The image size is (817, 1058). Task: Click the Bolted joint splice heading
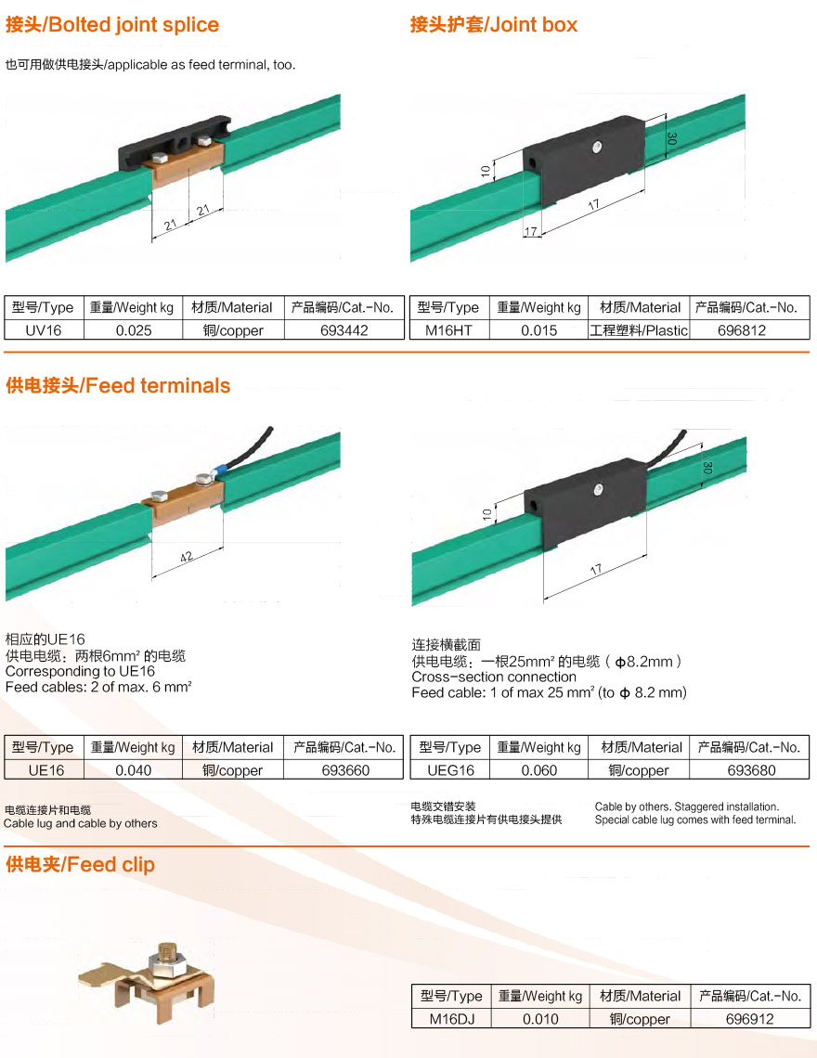[112, 25]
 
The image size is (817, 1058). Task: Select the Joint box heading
[494, 25]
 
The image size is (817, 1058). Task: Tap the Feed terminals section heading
[118, 385]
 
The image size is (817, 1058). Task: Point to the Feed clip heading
[81, 864]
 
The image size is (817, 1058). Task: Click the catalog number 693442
[344, 330]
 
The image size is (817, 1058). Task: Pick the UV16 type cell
[44, 330]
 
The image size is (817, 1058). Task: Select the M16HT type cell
[449, 330]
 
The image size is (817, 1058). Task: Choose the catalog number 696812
[742, 330]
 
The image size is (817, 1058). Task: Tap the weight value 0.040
[133, 770]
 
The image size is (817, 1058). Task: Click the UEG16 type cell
[450, 770]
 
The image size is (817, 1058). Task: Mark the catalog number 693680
[751, 770]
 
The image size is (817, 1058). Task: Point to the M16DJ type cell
[452, 1019]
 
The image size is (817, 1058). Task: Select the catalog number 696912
[749, 1019]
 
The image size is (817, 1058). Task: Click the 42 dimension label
[187, 558]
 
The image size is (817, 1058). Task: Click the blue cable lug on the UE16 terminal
[219, 471]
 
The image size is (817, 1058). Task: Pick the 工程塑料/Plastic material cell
[639, 330]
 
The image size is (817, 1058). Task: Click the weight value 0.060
[538, 770]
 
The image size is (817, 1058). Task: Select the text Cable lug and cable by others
[81, 823]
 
